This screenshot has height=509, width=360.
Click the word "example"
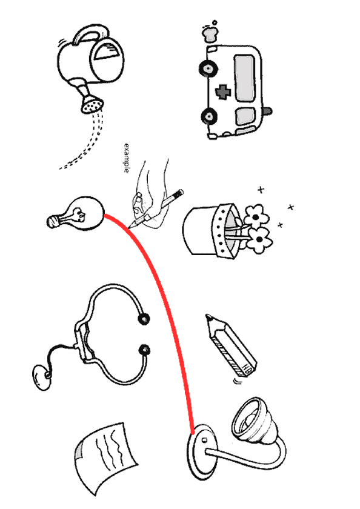coord(127,158)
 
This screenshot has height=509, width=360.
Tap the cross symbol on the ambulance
coord(222,92)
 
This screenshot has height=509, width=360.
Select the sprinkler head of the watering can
coord(92,104)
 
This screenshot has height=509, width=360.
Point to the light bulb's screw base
coord(54,221)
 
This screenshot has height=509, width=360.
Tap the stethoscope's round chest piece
coord(42,377)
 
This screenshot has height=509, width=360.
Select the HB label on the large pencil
coord(247,368)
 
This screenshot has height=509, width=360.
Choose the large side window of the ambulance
coord(245,78)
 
